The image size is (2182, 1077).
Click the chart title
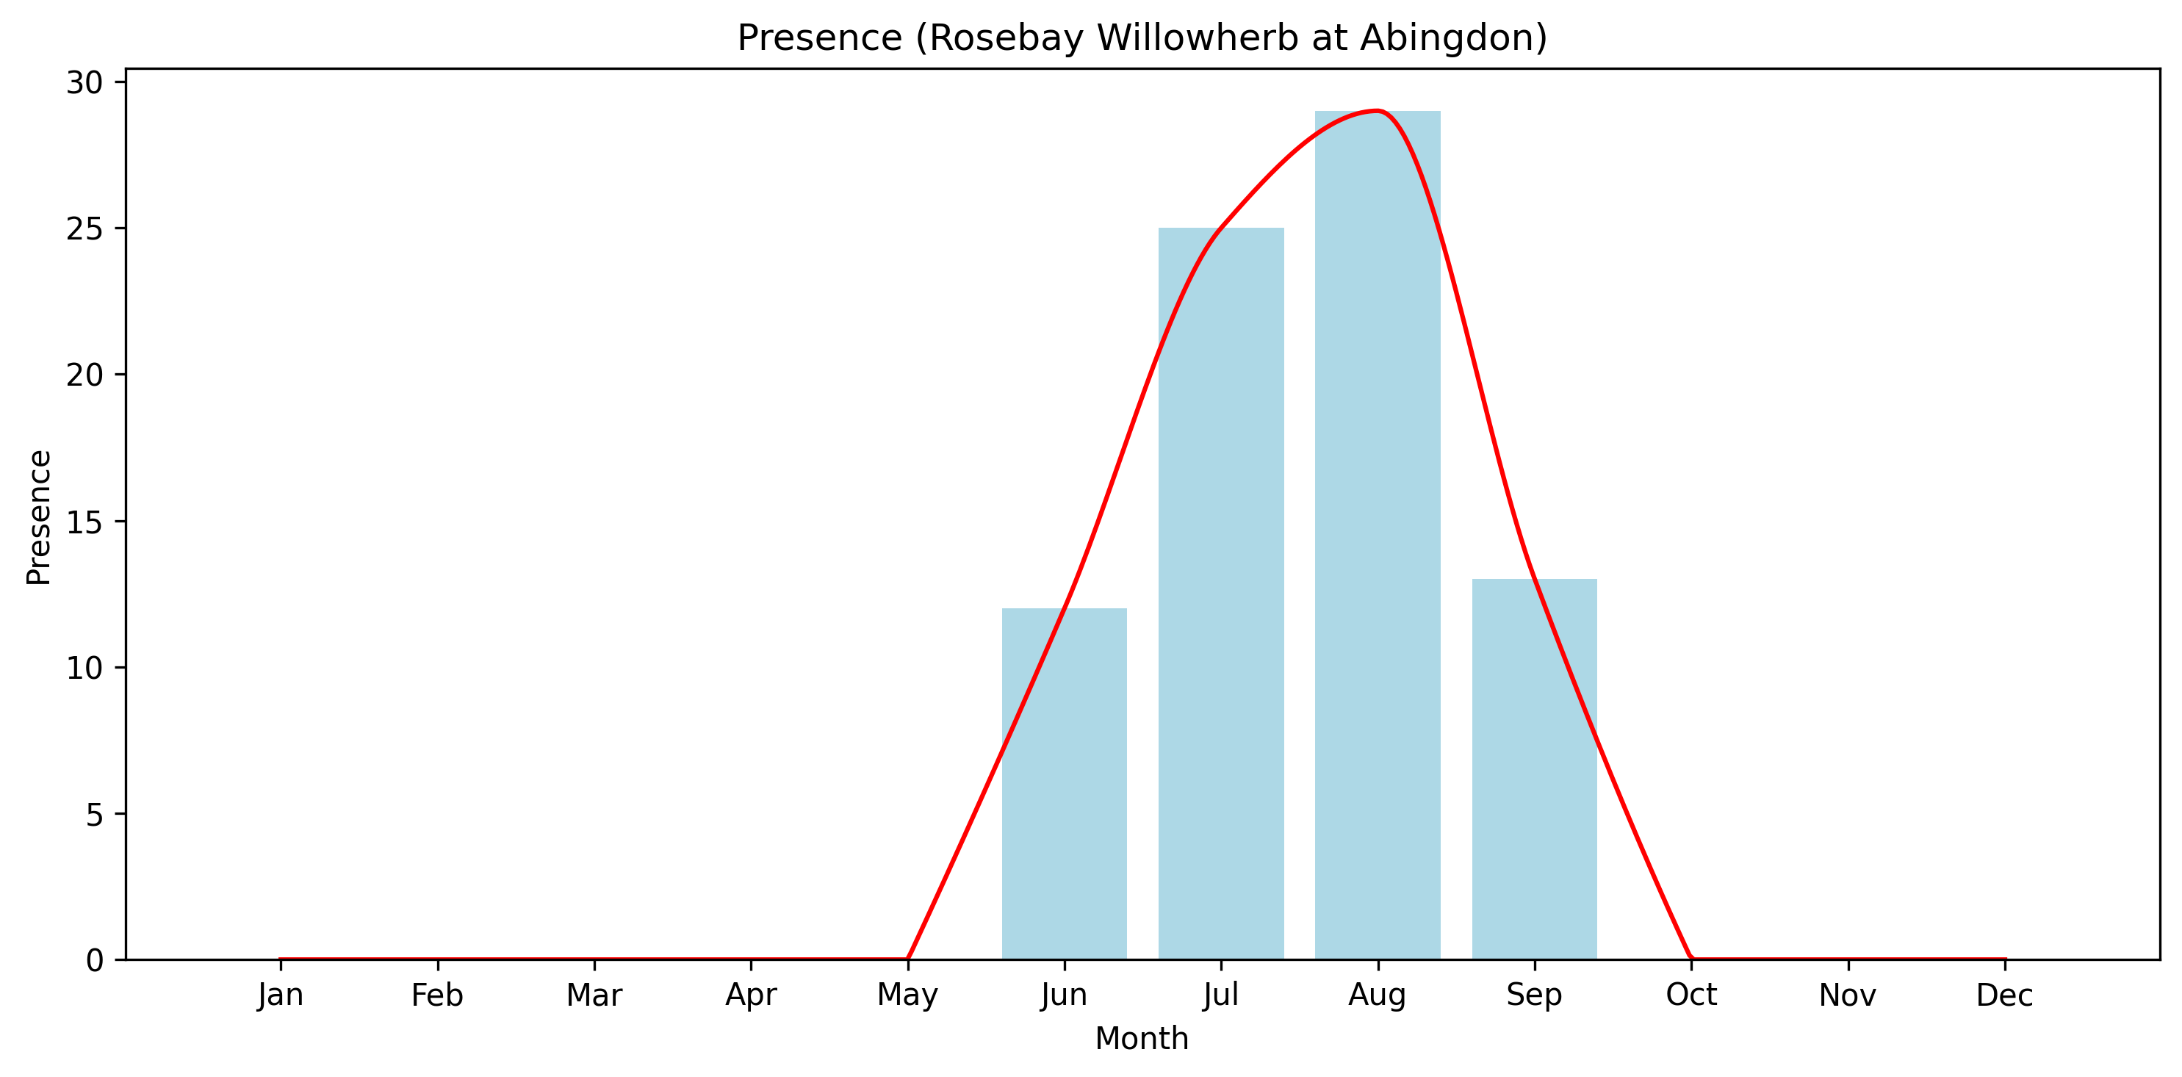(1142, 38)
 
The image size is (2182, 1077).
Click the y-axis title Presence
(39, 517)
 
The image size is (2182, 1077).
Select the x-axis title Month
(1142, 1039)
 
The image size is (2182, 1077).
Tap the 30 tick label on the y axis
(84, 83)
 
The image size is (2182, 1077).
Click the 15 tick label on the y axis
(84, 522)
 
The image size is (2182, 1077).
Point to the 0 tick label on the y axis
(94, 961)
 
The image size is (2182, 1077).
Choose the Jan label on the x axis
(281, 995)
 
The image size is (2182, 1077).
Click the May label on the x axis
(907, 995)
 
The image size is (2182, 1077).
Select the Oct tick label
(1690, 995)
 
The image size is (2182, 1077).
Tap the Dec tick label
(2004, 995)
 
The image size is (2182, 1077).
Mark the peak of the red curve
(1378, 111)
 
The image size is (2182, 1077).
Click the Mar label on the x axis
(594, 995)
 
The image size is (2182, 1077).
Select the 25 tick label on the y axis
(84, 229)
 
